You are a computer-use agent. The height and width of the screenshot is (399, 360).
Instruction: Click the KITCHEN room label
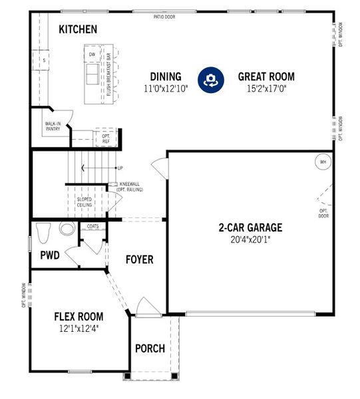pyautogui.click(x=78, y=29)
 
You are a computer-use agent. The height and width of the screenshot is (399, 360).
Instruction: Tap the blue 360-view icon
pyautogui.click(x=211, y=80)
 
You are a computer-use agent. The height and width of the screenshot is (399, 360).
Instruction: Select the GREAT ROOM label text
pyautogui.click(x=266, y=76)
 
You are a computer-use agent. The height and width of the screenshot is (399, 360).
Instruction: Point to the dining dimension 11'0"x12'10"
pyautogui.click(x=166, y=88)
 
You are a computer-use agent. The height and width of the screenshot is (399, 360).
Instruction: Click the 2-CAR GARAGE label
pyautogui.click(x=250, y=227)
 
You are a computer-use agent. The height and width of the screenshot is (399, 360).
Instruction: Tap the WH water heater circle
pyautogui.click(x=323, y=162)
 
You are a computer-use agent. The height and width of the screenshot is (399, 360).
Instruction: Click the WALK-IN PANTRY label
pyautogui.click(x=53, y=126)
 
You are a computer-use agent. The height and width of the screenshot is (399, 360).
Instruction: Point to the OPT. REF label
pyautogui.click(x=106, y=139)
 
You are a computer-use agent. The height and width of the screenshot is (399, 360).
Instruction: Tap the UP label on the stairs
pyautogui.click(x=120, y=168)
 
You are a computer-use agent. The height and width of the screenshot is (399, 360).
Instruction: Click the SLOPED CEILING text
pyautogui.click(x=85, y=201)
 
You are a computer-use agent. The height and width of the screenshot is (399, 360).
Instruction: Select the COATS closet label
pyautogui.click(x=92, y=226)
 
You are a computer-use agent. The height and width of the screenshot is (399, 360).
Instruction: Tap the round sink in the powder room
pyautogui.click(x=67, y=229)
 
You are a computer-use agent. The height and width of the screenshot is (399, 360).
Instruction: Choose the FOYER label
pyautogui.click(x=139, y=259)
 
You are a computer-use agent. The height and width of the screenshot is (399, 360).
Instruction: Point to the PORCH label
pyautogui.click(x=150, y=348)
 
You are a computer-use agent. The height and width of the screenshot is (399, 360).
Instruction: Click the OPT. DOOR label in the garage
pyautogui.click(x=323, y=213)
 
